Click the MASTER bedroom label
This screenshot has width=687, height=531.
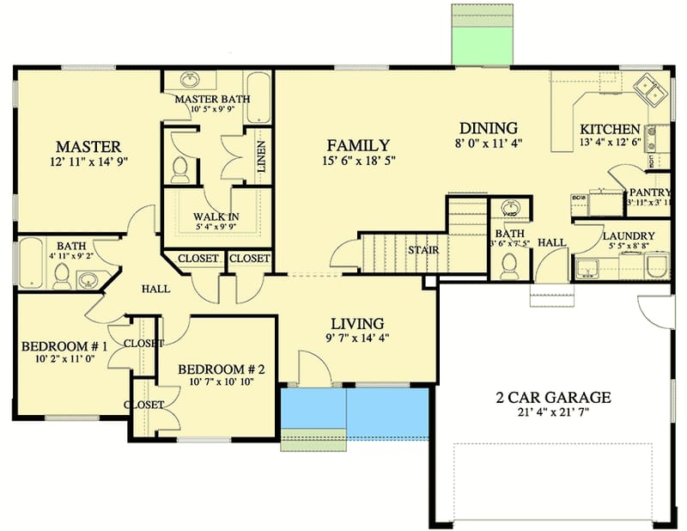[88, 145]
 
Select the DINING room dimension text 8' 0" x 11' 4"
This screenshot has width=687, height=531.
[489, 143]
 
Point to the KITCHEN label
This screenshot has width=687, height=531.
[609, 127]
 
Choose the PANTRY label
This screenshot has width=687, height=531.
[649, 192]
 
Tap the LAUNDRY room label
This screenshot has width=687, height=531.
[629, 235]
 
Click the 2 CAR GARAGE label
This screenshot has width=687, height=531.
[554, 397]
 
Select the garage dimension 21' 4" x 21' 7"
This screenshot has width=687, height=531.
[554, 412]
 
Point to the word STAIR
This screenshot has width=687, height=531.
[423, 250]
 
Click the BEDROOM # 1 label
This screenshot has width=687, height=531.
[64, 346]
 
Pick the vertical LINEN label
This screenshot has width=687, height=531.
[261, 157]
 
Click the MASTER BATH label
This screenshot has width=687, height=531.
[212, 99]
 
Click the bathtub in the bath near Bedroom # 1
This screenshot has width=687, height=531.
[30, 263]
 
